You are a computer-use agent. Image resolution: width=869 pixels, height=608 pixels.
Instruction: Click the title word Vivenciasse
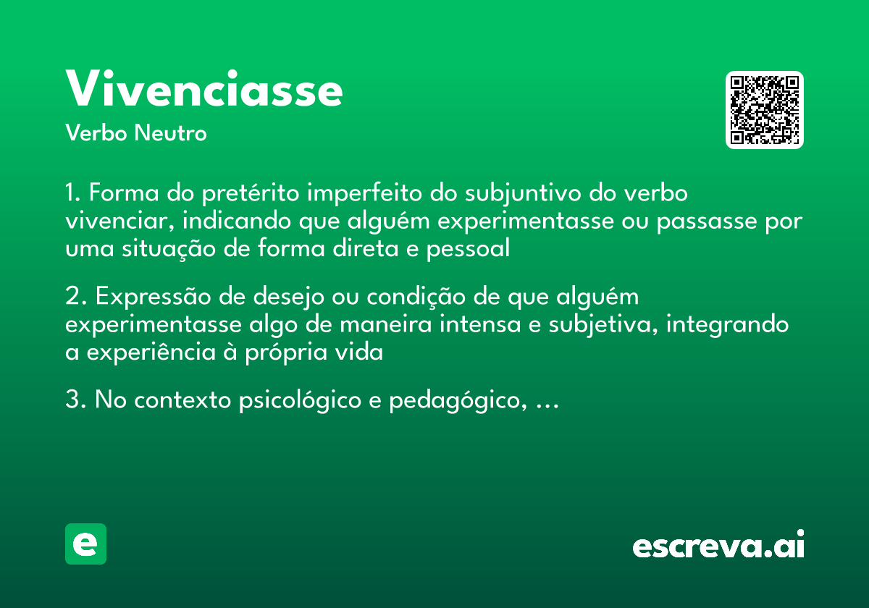click(204, 90)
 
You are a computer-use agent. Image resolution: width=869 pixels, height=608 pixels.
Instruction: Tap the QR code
click(765, 110)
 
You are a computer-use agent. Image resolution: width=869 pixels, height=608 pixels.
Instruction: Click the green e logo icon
click(85, 544)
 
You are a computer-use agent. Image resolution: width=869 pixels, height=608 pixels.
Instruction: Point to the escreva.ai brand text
click(718, 544)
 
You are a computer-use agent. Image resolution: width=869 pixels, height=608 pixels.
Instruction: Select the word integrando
click(727, 324)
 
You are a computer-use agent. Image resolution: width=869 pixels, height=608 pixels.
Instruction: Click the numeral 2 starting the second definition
click(72, 297)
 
